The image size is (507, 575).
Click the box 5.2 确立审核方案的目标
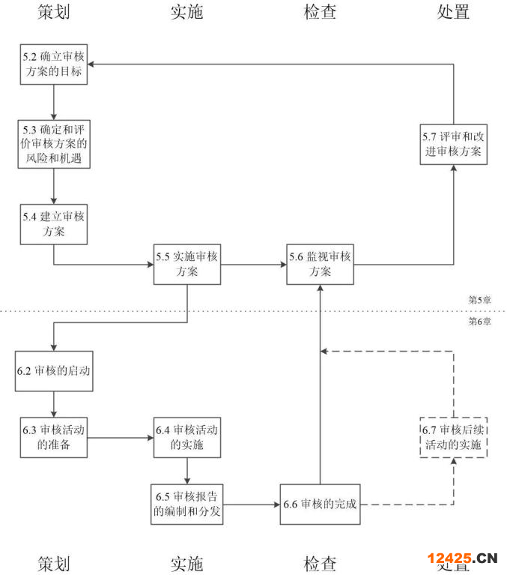pyautogui.click(x=54, y=64)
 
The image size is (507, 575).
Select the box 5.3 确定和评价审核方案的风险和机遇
pyautogui.click(x=54, y=144)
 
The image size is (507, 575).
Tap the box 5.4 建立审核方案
pyautogui.click(x=54, y=224)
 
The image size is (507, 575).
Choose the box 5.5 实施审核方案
pyautogui.click(x=187, y=265)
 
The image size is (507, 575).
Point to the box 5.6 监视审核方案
pyautogui.click(x=321, y=265)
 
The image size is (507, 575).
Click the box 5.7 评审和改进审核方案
pyautogui.click(x=454, y=145)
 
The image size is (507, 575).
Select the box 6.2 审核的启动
pyautogui.click(x=54, y=371)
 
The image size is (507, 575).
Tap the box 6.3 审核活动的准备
pyautogui.click(x=54, y=438)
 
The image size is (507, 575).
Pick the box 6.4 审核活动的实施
pyautogui.click(x=187, y=438)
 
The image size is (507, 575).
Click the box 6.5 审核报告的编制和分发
pyautogui.click(x=186, y=505)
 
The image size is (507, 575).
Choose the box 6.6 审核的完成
pyautogui.click(x=321, y=505)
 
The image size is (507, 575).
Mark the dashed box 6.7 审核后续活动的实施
pyautogui.click(x=454, y=438)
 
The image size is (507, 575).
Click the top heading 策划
pyautogui.click(x=54, y=12)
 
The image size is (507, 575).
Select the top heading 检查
pyautogui.click(x=321, y=12)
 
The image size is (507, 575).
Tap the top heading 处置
pyautogui.click(x=454, y=12)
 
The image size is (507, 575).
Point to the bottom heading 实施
pyautogui.click(x=186, y=564)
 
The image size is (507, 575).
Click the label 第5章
pyautogui.click(x=479, y=300)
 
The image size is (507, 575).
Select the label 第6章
pyautogui.click(x=479, y=322)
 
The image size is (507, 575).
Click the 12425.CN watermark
pyautogui.click(x=462, y=559)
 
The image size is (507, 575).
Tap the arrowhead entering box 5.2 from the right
pyautogui.click(x=91, y=64)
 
